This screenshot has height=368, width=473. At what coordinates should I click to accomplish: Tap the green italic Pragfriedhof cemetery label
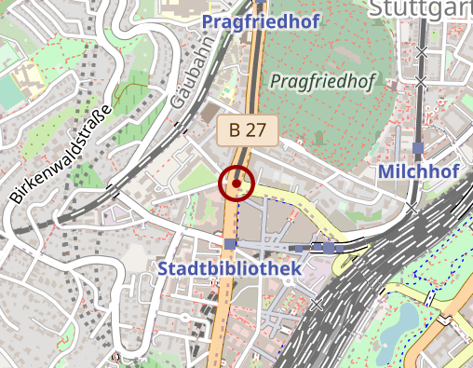point(322,82)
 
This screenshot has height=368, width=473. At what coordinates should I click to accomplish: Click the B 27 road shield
point(248,129)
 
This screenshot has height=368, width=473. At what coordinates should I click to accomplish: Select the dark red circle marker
point(237,184)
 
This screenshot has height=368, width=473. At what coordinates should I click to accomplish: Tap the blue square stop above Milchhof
point(418,148)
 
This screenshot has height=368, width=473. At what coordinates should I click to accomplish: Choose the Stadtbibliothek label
point(230,268)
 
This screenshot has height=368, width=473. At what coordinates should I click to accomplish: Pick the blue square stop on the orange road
point(230,244)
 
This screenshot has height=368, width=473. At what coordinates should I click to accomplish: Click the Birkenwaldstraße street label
point(61,153)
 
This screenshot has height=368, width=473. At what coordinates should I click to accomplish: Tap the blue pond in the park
point(407,322)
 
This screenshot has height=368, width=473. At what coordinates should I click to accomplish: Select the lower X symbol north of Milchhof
point(421,83)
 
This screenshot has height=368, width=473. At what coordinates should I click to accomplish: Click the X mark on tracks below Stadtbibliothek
point(318,305)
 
